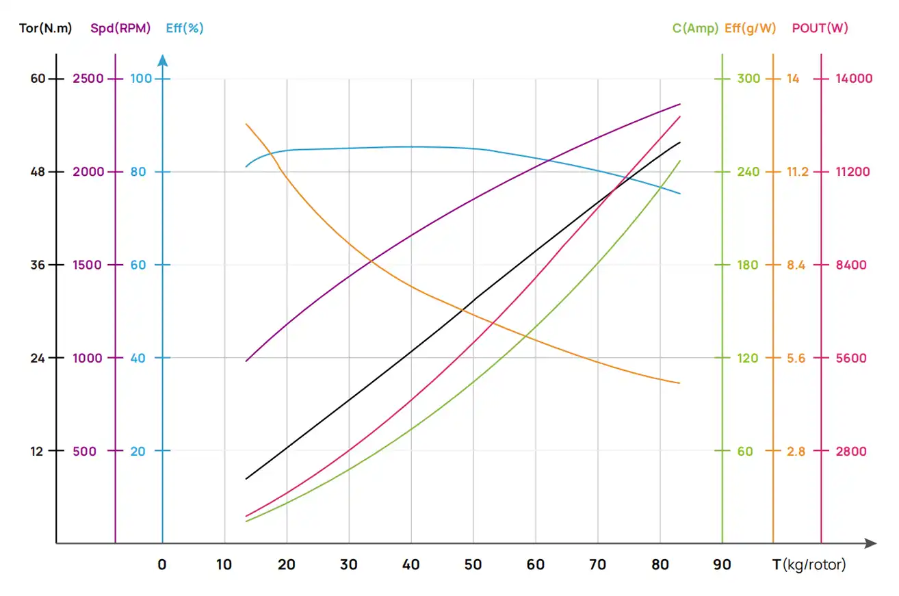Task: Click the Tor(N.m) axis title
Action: (x=45, y=29)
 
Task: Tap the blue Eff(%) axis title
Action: (x=185, y=29)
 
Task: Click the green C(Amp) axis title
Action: (x=695, y=29)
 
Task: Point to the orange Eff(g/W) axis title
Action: (x=750, y=29)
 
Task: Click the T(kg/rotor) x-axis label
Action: (x=809, y=565)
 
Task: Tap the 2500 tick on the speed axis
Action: (x=89, y=79)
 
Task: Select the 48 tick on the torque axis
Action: (x=37, y=172)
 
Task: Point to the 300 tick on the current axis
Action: (x=748, y=79)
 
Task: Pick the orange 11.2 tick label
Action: (x=797, y=172)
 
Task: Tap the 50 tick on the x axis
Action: (x=473, y=565)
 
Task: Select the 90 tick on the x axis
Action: (x=722, y=565)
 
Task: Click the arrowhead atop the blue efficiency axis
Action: (x=163, y=60)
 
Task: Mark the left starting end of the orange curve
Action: (x=246, y=124)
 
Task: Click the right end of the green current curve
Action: (x=680, y=161)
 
